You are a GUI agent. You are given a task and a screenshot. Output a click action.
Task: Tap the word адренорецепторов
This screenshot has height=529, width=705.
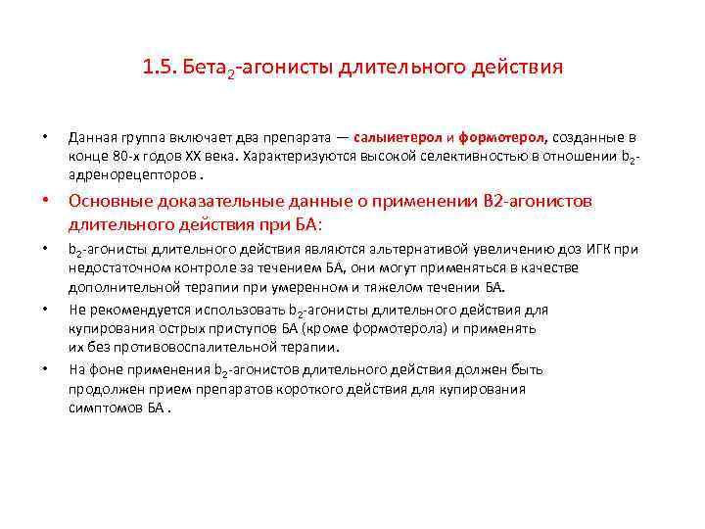pos(131,174)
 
